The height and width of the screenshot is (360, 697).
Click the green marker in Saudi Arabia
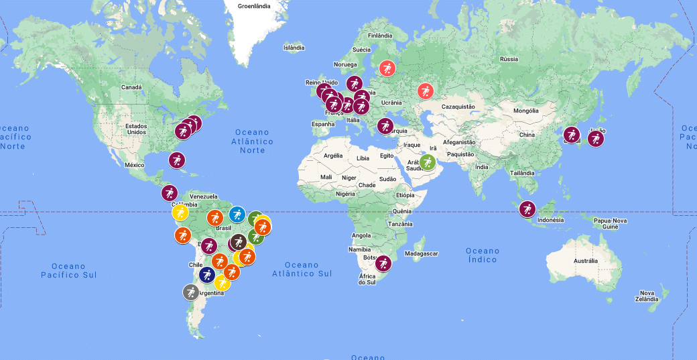[428, 162]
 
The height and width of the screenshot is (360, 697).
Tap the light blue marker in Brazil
[237, 215]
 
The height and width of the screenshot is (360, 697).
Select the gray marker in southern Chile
[191, 292]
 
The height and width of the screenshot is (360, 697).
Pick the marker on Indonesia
[527, 209]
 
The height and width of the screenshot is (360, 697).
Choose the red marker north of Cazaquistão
[426, 91]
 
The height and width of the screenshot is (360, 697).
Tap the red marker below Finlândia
[387, 68]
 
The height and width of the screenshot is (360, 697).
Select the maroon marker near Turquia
[385, 125]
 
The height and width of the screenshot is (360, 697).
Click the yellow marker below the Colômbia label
[180, 213]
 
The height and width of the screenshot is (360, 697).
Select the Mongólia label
[525, 111]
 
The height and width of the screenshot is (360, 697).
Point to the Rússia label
[509, 59]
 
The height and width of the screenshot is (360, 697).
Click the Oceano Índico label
[483, 255]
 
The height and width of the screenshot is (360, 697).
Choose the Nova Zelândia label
[647, 296]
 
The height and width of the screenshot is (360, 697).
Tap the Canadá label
[131, 87]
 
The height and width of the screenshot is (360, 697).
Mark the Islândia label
[294, 48]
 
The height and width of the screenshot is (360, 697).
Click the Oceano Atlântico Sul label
[302, 269]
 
